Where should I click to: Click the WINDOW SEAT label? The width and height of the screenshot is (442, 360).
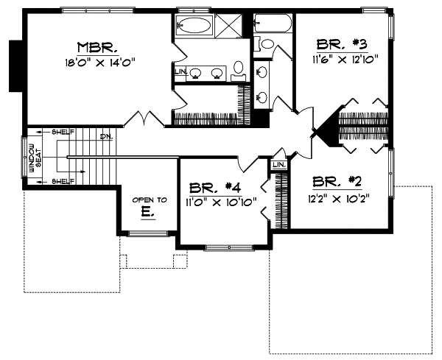35,156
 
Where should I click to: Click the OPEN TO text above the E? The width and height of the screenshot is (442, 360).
150,200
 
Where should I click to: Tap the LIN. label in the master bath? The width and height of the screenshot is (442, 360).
180,72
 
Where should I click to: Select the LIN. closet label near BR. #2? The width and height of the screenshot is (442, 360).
278,165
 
